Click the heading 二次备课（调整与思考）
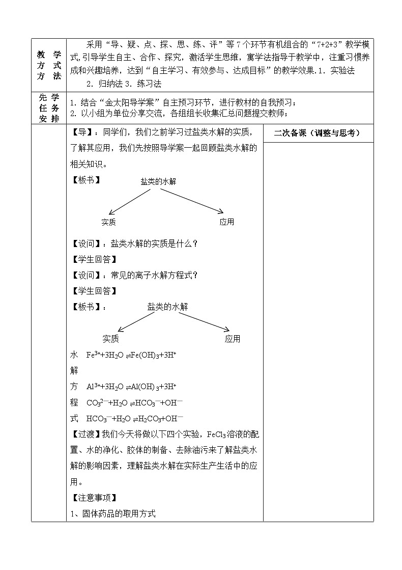[317, 133]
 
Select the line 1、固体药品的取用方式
[112, 513]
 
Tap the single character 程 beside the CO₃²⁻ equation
[74, 402]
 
